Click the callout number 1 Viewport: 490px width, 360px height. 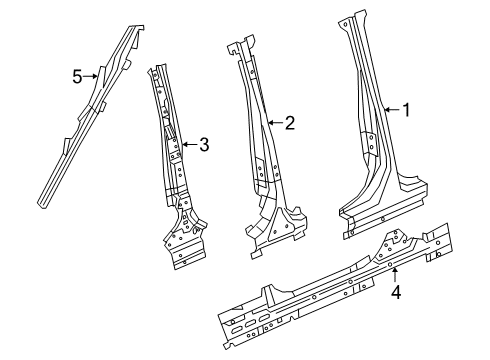point(406,111)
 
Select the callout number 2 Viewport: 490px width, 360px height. point(289,123)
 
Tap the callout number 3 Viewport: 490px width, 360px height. point(203,146)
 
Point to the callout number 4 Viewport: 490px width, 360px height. point(396,294)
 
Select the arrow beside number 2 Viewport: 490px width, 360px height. point(274,123)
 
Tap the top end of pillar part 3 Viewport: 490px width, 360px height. point(154,69)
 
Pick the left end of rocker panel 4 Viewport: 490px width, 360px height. point(228,324)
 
